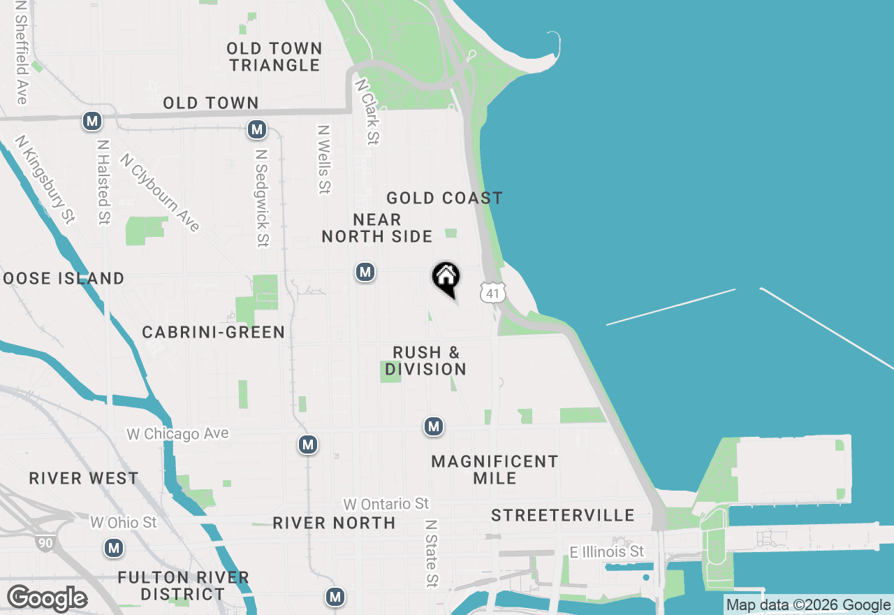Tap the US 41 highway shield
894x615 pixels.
tap(492, 293)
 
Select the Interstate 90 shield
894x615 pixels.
tap(44, 542)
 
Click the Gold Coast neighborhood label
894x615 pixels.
tap(444, 198)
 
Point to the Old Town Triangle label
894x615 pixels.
tap(274, 57)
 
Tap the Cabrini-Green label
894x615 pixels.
tap(214, 332)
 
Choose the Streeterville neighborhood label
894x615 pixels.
tap(563, 516)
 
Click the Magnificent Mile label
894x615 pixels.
tap(494, 470)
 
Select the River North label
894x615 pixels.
tap(334, 523)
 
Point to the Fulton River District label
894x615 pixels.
tap(183, 586)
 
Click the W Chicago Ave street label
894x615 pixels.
tap(177, 434)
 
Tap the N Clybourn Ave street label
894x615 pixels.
tap(160, 192)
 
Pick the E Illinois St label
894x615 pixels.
tap(606, 552)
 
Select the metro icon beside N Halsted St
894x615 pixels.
tap(92, 121)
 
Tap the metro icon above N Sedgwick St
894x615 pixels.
tap(257, 129)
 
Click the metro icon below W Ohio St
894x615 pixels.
tap(114, 548)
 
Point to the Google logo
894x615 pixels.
tap(47, 599)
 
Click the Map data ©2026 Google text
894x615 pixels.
tap(808, 605)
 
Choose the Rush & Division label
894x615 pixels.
tap(425, 361)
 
